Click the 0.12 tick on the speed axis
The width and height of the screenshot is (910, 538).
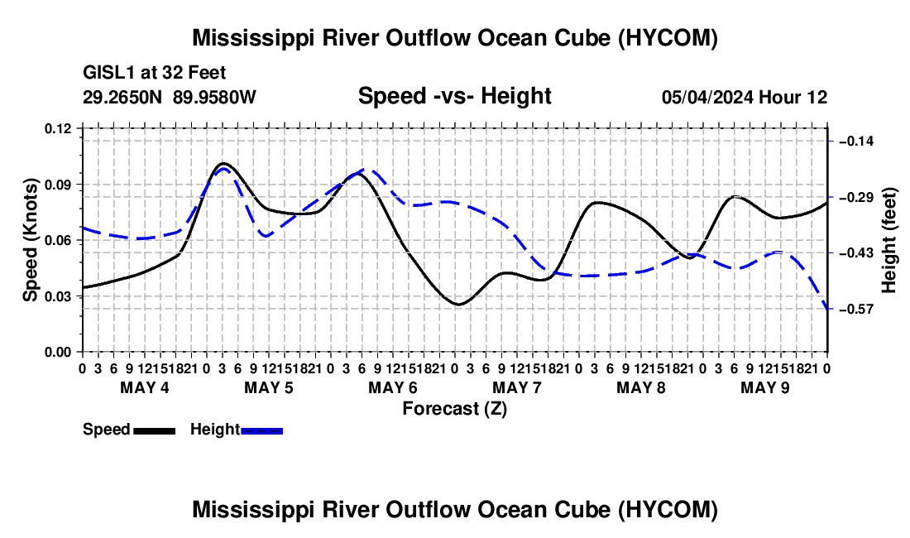tap(57, 129)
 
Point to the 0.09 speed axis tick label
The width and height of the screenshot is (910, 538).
tap(57, 185)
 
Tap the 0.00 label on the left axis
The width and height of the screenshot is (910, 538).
tap(57, 352)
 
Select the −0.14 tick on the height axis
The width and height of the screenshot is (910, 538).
tap(856, 141)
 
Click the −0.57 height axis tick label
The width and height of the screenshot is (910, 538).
tap(856, 310)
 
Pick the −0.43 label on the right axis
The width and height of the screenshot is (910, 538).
tap(856, 253)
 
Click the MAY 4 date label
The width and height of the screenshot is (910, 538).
tap(145, 387)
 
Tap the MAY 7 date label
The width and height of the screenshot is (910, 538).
tap(516, 387)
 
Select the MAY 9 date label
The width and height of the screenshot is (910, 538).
tap(765, 387)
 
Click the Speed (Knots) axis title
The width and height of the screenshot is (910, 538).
tap(31, 240)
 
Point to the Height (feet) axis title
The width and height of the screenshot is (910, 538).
tap(889, 240)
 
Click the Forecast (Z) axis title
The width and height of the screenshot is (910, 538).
tap(455, 409)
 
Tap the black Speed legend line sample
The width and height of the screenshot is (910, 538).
tap(155, 431)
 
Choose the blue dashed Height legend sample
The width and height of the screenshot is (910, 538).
tap(261, 431)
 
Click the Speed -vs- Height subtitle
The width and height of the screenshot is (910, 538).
tap(454, 96)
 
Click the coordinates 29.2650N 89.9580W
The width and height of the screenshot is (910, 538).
tap(170, 98)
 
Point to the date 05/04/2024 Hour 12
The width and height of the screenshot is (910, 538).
tap(745, 98)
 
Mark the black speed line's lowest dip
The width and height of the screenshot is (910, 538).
tap(458, 304)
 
